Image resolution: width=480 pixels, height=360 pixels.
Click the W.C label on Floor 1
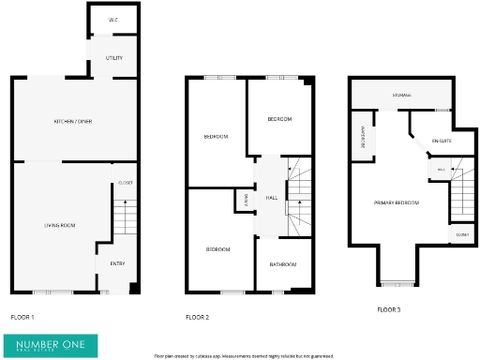pos(112,20)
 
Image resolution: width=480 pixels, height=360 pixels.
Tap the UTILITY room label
pos(113,58)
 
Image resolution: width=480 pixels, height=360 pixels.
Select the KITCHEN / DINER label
pos(72,122)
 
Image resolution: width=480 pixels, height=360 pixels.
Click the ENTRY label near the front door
pos(117,264)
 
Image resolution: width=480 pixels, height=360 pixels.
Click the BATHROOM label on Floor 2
pos(283,265)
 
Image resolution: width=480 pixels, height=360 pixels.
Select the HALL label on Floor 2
pos(271,199)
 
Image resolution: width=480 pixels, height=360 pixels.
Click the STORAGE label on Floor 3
pos(401,95)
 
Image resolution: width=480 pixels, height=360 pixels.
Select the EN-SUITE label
pos(441,142)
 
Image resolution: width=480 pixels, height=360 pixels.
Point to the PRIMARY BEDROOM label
pos(396,202)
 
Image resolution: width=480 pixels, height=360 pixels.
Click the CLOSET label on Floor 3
pos(462,234)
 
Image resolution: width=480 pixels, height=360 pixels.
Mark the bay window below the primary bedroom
pos(396,281)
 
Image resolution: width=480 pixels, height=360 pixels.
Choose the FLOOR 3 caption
pos(388,309)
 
